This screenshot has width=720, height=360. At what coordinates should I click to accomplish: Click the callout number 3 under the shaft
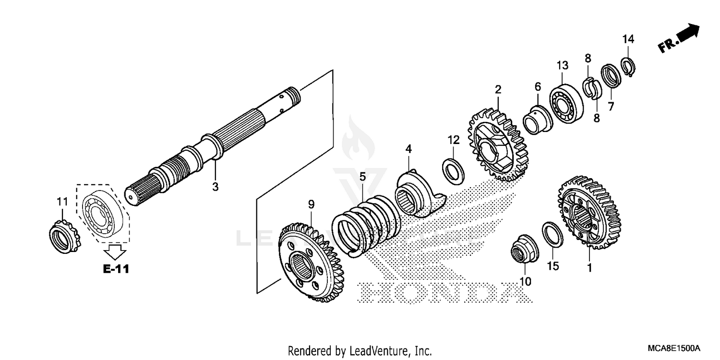tap(215, 187)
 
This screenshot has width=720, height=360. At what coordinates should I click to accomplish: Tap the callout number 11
tap(62, 202)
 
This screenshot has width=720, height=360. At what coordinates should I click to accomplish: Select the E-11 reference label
tap(116, 269)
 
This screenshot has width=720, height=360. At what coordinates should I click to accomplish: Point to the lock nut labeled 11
tap(64, 237)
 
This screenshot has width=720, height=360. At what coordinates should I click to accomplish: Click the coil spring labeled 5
tap(366, 222)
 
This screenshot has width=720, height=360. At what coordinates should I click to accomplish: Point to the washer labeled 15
tap(552, 234)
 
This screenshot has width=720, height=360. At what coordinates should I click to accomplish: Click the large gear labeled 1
tap(589, 212)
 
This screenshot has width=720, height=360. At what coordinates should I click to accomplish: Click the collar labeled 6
tap(537, 120)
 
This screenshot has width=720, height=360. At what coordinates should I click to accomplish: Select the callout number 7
tap(611, 107)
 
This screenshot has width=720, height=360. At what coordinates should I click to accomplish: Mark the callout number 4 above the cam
tap(408, 149)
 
